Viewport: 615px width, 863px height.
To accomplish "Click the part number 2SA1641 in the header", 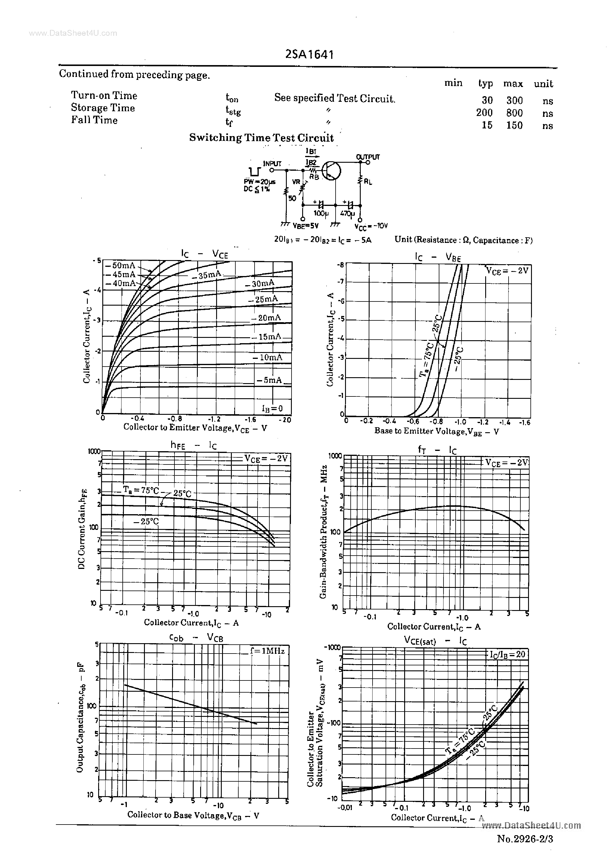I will click(309, 55).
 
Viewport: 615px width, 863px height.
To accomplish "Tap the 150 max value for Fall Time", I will click(514, 125).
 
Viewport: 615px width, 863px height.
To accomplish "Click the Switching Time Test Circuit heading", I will click(261, 138).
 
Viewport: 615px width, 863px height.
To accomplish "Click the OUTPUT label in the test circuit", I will click(368, 157).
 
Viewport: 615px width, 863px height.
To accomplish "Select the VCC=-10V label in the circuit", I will click(371, 226).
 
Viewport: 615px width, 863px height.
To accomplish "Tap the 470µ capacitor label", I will click(347, 214).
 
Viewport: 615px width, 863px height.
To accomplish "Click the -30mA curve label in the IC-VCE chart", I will click(259, 284).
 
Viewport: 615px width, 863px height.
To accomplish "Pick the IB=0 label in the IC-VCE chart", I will click(272, 408).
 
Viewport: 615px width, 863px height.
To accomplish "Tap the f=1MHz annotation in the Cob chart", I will click(267, 651).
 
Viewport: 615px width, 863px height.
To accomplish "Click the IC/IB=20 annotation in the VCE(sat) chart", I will click(507, 654).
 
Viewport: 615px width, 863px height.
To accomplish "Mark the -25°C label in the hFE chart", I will click(146, 522).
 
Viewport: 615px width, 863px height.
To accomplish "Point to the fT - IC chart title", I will click(437, 450).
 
